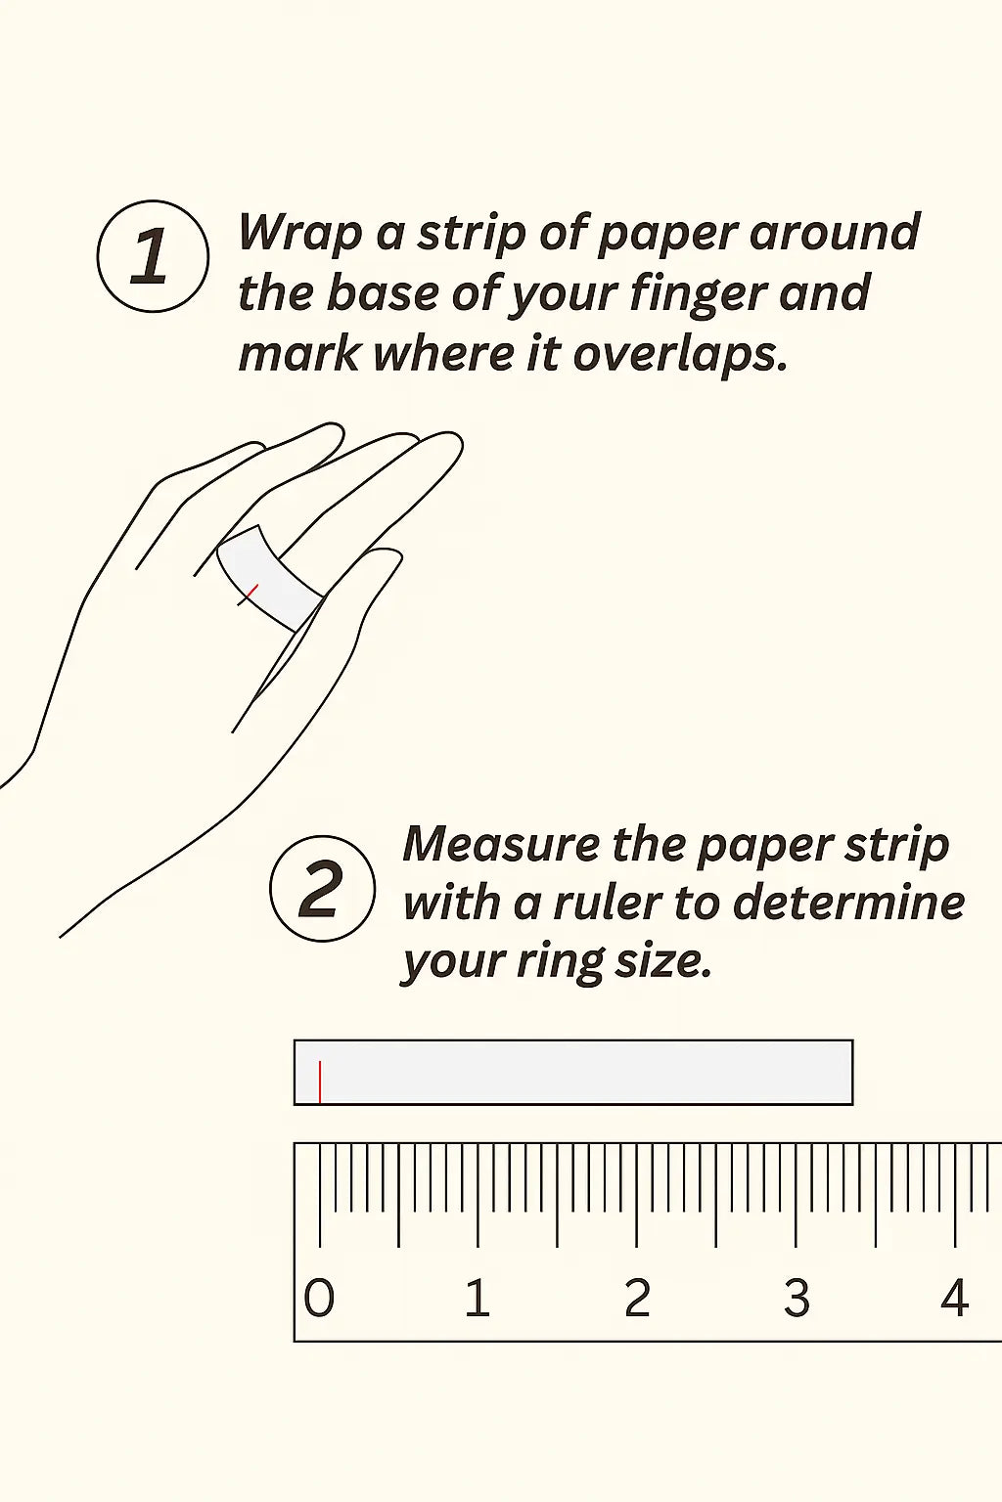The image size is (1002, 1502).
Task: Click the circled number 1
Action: (153, 256)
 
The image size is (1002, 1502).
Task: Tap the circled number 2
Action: (322, 889)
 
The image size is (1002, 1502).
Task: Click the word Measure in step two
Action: (501, 844)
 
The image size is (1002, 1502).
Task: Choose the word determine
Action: (849, 903)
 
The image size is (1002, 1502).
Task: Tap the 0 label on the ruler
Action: (319, 1298)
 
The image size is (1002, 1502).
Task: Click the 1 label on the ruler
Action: (478, 1298)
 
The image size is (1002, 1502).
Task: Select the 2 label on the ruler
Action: (637, 1298)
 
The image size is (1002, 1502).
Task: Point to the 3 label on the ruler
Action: (797, 1298)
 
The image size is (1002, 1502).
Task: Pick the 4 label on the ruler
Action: (954, 1298)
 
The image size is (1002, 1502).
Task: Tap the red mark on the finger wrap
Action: (248, 595)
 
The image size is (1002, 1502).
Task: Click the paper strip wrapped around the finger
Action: (268, 578)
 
